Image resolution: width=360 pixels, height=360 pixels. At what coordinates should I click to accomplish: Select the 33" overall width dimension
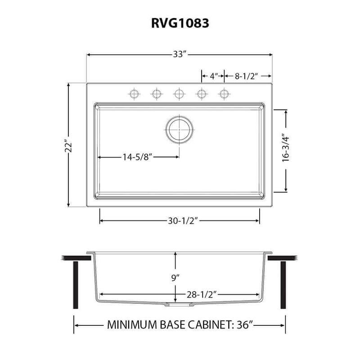180,54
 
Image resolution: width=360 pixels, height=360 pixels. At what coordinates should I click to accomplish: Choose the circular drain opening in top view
179,130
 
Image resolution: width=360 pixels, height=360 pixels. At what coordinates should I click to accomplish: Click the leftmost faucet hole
134,94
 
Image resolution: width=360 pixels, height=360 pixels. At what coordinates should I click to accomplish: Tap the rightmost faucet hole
224,94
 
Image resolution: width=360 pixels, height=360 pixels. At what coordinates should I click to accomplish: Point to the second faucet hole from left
156,94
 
